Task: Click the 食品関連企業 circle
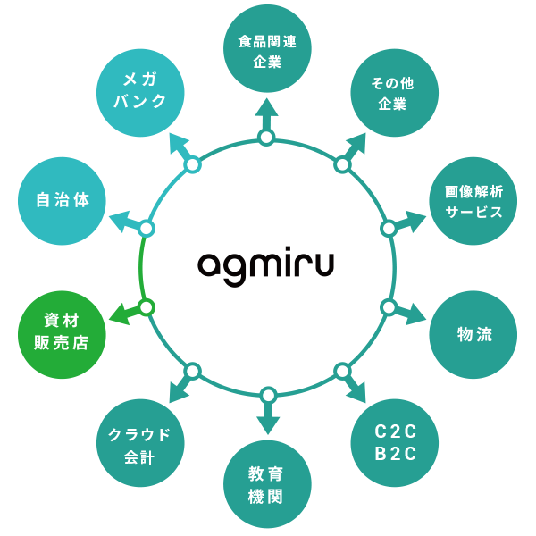click(x=267, y=49)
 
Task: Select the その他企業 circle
click(x=392, y=93)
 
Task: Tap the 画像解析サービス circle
click(x=473, y=201)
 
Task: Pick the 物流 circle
click(x=473, y=335)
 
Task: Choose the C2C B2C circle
click(x=396, y=441)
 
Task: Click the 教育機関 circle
click(x=267, y=484)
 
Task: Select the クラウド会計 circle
click(x=139, y=443)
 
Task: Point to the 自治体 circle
click(x=62, y=201)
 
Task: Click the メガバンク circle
click(x=140, y=92)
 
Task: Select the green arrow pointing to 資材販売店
click(x=125, y=313)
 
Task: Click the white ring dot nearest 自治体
click(x=147, y=229)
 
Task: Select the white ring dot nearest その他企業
click(x=342, y=164)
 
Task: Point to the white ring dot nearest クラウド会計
click(x=192, y=370)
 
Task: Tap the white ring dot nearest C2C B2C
click(x=342, y=370)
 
